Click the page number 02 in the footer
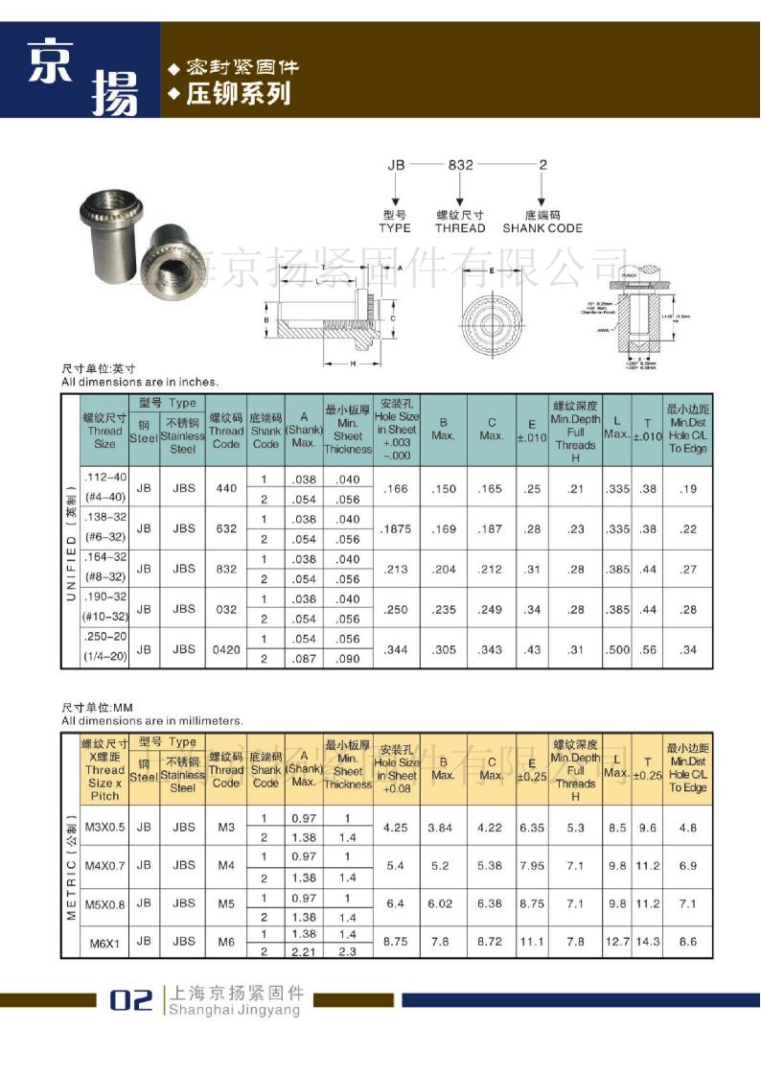point(130,999)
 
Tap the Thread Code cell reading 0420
point(226,649)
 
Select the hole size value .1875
point(396,528)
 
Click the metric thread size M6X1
point(104,943)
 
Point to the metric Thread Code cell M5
point(226,902)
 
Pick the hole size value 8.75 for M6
point(395,942)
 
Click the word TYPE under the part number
point(395,228)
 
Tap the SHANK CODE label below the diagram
point(542,228)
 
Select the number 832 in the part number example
point(461,165)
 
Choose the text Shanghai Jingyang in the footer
point(234,1009)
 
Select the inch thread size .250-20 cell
point(104,649)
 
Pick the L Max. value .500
point(618,649)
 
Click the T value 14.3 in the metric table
point(648,942)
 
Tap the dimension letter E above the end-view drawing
point(491,271)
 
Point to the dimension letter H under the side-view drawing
point(353,363)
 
